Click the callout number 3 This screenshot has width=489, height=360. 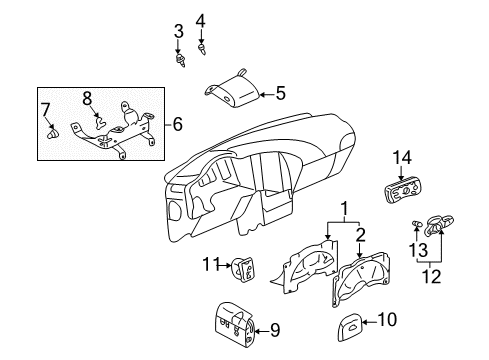click(x=179, y=32)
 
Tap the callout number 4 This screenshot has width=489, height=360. click(x=200, y=19)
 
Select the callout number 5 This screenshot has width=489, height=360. click(x=280, y=95)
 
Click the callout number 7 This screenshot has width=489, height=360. click(x=44, y=108)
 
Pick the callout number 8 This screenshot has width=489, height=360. click(x=87, y=98)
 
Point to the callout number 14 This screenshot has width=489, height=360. click(x=402, y=156)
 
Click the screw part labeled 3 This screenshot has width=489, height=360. click(x=181, y=60)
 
